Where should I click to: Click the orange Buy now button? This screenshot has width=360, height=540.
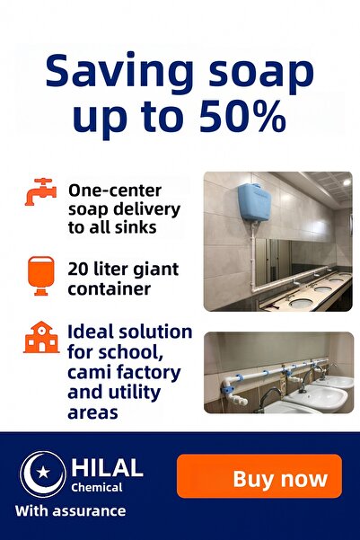[259, 476]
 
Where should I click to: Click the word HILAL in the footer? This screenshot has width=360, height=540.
[107, 467]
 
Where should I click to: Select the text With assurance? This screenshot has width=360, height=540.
[71, 511]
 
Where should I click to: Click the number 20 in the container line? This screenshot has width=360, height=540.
[80, 269]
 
